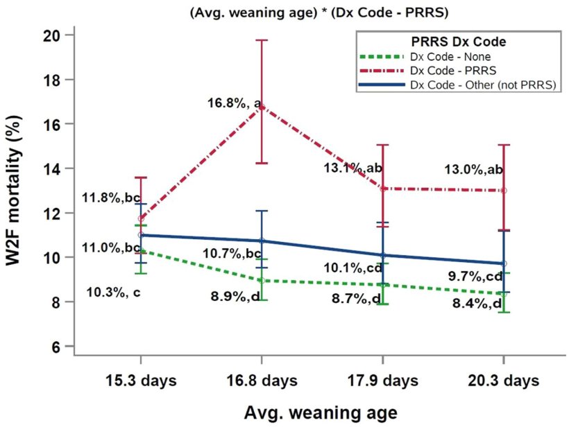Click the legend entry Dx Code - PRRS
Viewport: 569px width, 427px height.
click(450, 70)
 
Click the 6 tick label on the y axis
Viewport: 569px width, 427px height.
click(57, 347)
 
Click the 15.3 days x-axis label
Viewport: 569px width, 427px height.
click(141, 381)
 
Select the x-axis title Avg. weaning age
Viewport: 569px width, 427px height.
click(321, 412)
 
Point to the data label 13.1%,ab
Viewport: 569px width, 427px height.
click(353, 168)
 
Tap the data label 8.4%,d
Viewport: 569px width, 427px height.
click(477, 303)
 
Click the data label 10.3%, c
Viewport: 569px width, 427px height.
click(113, 293)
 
